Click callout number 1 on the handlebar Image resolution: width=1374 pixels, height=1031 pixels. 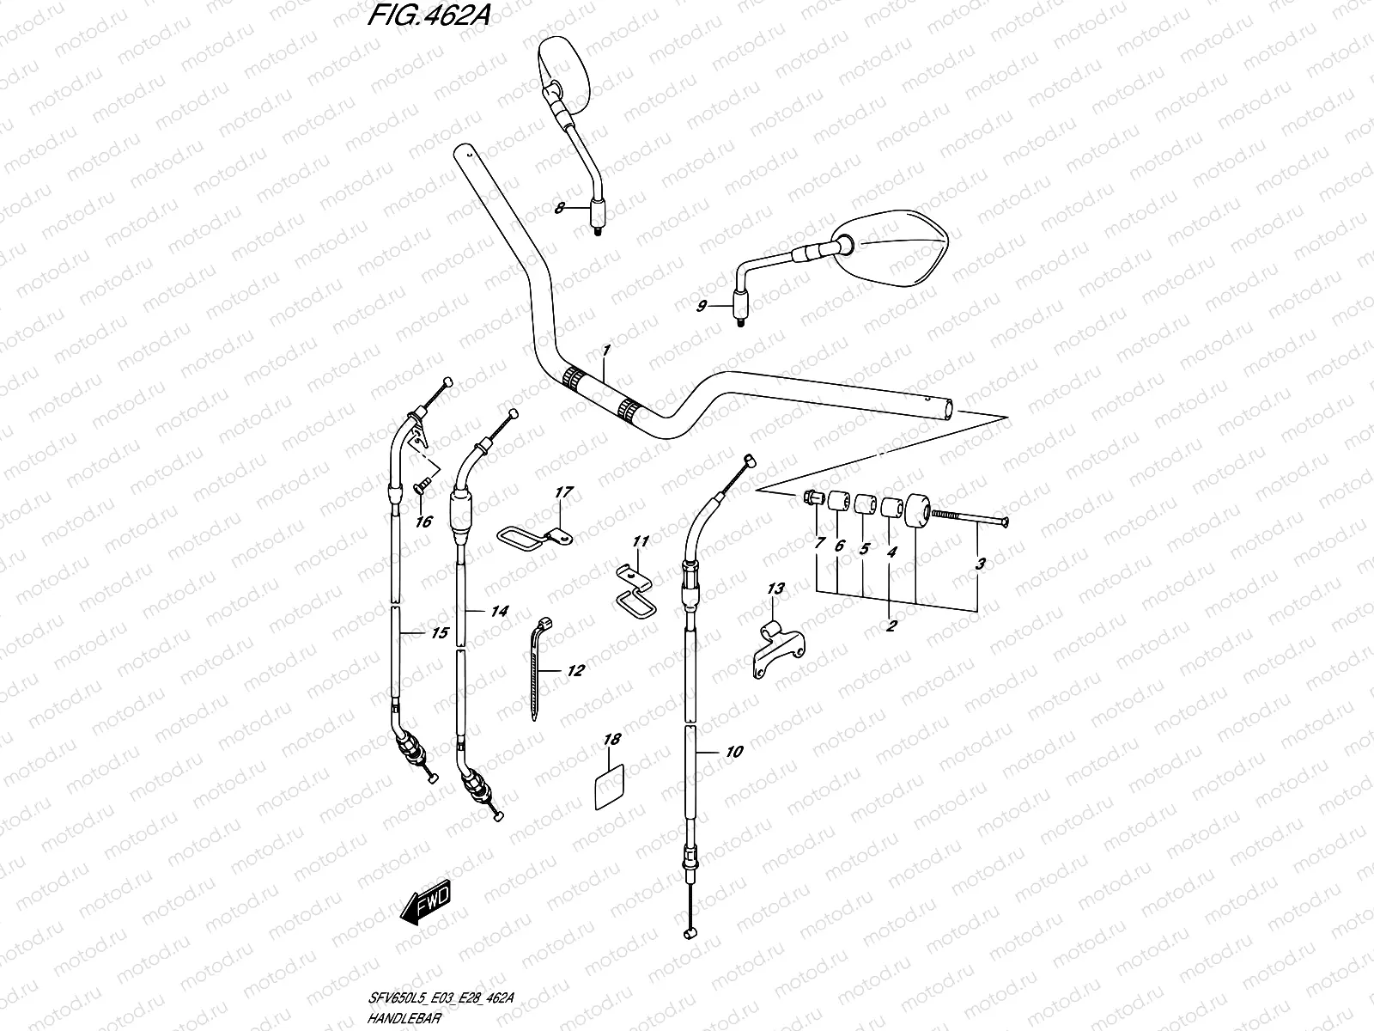605,351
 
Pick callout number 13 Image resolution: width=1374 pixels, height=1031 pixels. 775,589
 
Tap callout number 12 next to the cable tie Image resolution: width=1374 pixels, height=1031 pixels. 575,670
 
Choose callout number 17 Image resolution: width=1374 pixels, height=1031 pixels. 563,492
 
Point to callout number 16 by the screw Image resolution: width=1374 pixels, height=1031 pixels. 425,521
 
